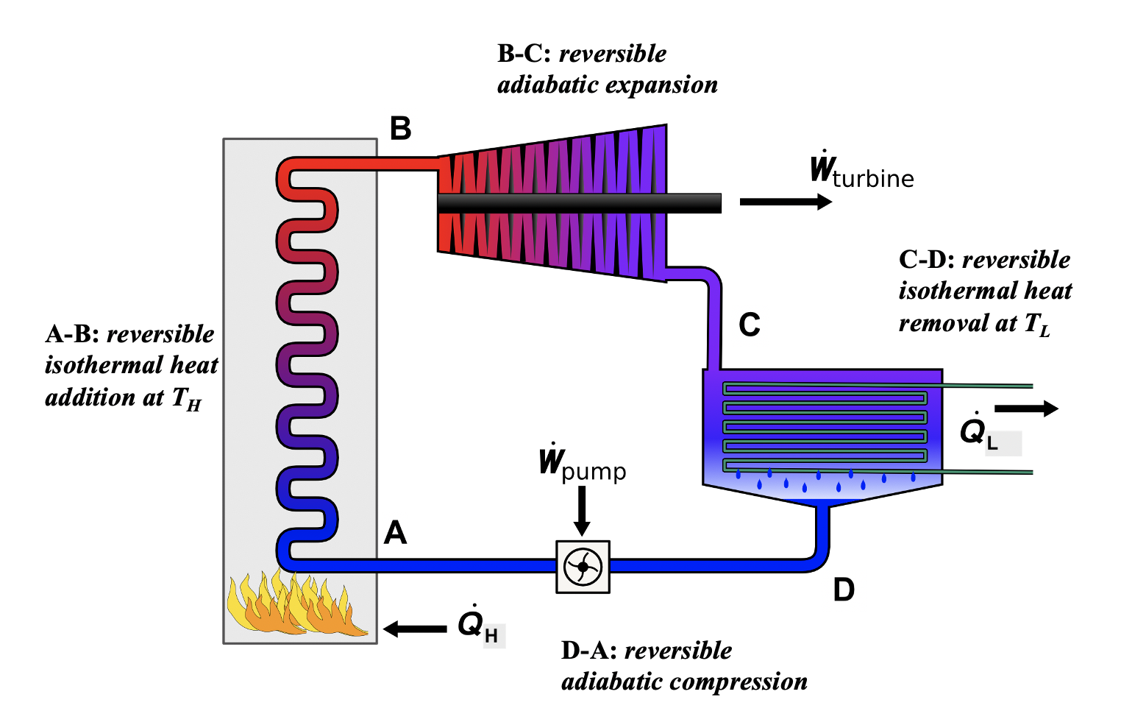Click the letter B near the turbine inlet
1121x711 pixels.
[x=400, y=129]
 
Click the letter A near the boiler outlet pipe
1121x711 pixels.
[x=395, y=532]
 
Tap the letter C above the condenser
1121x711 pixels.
[x=749, y=325]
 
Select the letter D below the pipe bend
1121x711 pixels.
[x=844, y=590]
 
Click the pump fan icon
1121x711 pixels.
[x=583, y=567]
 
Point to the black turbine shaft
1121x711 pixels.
[x=579, y=203]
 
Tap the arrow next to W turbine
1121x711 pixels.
[x=785, y=202]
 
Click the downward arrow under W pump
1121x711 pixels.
[x=582, y=512]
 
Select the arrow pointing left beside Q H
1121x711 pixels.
[x=415, y=629]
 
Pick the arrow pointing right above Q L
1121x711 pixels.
[x=1026, y=409]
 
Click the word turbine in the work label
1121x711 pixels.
[x=873, y=179]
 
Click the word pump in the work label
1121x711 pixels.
[x=594, y=472]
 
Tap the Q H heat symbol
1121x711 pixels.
[x=477, y=625]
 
